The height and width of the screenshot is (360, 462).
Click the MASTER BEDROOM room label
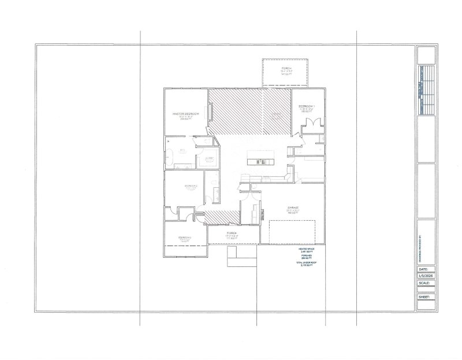(185, 114)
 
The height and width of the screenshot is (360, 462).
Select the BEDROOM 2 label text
(191, 185)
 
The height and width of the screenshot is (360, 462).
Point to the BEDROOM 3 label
(185, 237)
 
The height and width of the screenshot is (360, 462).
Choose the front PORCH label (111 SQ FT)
(232, 233)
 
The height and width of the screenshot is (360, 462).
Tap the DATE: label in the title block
(423, 269)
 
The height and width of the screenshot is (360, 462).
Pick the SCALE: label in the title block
(424, 283)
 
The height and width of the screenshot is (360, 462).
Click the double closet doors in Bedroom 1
(310, 124)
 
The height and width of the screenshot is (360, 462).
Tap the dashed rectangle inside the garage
(292, 232)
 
